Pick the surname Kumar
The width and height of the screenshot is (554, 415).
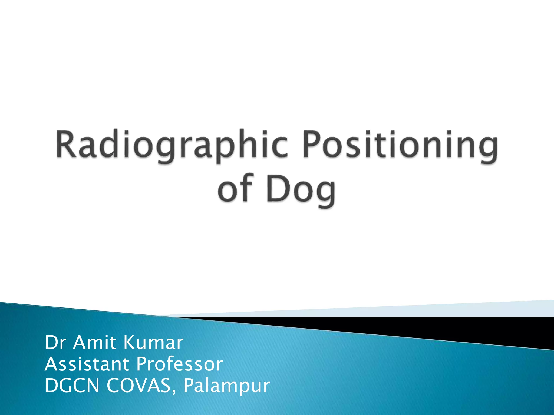tap(153, 343)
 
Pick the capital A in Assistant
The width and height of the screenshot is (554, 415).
tap(51, 364)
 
